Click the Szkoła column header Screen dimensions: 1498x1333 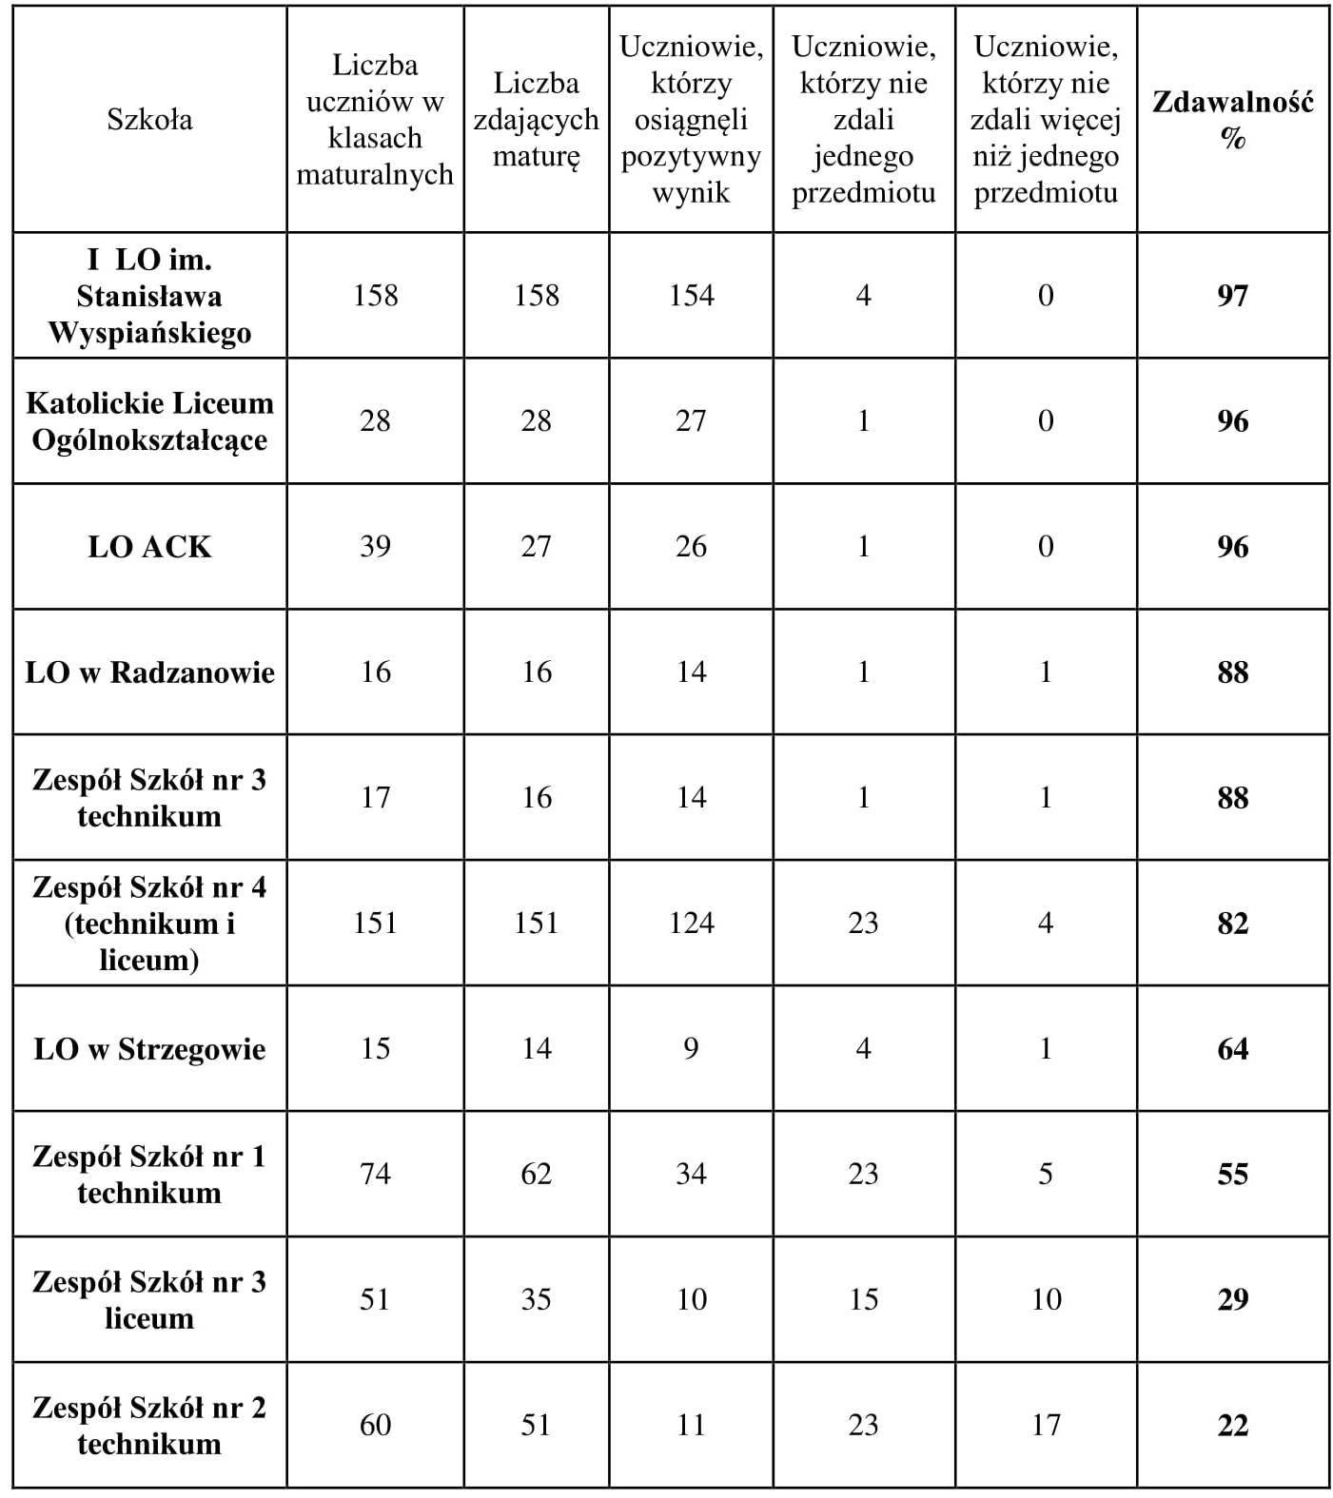click(149, 120)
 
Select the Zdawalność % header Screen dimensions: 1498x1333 click(1232, 120)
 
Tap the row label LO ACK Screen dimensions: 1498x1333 click(149, 547)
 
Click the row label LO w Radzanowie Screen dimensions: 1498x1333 click(149, 672)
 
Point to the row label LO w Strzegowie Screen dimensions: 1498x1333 click(149, 1049)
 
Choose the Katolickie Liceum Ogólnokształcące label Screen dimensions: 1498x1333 click(149, 421)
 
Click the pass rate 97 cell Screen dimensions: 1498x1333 click(1232, 296)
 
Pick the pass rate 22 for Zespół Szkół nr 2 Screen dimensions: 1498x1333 click(1232, 1426)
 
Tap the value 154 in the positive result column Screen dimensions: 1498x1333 click(691, 296)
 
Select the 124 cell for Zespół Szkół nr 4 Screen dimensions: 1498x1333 click(691, 924)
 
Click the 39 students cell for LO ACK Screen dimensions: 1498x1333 click(375, 547)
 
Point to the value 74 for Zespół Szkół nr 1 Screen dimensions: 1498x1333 click(375, 1175)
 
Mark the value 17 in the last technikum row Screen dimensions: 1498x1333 click(1046, 1426)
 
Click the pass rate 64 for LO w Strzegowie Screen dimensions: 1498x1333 click(1232, 1049)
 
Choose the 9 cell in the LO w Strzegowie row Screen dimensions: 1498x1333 click(691, 1049)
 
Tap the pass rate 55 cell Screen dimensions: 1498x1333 click(1232, 1175)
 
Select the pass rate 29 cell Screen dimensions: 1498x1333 click(1232, 1300)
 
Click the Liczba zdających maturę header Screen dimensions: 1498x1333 click(537, 120)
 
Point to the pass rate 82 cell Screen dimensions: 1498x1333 click(1232, 924)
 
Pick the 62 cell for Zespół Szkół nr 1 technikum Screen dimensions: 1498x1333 click(537, 1175)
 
